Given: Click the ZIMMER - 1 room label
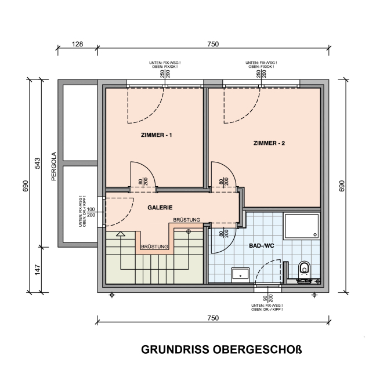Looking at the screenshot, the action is [x=156, y=135].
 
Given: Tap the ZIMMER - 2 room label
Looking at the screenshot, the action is [x=269, y=143].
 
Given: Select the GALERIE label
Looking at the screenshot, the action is [x=160, y=208].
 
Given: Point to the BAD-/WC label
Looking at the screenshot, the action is [x=261, y=246].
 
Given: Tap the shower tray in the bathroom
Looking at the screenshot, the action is [x=302, y=227].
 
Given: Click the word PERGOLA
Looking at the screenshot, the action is [x=54, y=166].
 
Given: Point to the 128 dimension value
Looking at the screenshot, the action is [x=78, y=44].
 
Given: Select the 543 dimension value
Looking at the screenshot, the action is [x=38, y=163].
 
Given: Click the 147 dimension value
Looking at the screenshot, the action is [x=37, y=270].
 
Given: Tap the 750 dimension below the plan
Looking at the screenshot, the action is [x=213, y=318].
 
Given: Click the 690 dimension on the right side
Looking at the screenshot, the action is [x=342, y=186].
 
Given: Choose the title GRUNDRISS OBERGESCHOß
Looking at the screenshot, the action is [x=222, y=350].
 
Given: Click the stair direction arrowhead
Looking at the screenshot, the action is [x=121, y=234].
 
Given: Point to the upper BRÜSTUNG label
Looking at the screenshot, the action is [x=187, y=220].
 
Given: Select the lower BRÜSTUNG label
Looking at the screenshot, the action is [x=154, y=246].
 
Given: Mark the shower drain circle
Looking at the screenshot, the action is [x=315, y=235].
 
